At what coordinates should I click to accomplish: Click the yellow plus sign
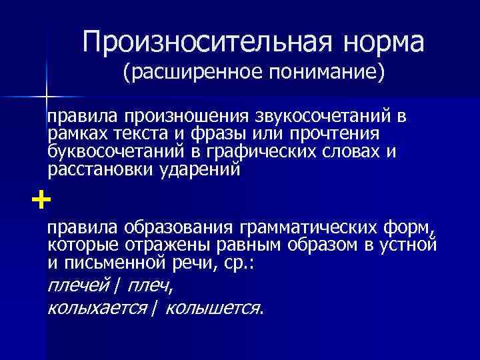pos(40,199)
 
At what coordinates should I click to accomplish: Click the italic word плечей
pos(79,285)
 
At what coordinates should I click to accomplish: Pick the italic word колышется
pos(213,307)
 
